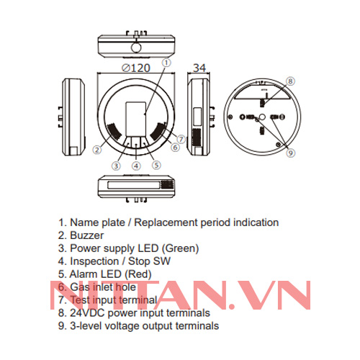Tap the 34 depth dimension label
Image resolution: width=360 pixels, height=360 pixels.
[200, 67]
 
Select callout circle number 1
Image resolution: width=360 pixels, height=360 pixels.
[166, 63]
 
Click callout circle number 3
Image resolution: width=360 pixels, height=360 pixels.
[116, 165]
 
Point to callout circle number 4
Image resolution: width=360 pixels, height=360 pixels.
[136, 166]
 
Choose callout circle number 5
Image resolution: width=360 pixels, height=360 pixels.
[156, 165]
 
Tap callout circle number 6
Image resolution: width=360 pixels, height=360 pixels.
[175, 147]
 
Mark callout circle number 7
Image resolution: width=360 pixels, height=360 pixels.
[181, 138]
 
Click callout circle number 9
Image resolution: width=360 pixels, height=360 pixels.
[290, 153]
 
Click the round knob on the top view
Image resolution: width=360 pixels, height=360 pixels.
[135, 48]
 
